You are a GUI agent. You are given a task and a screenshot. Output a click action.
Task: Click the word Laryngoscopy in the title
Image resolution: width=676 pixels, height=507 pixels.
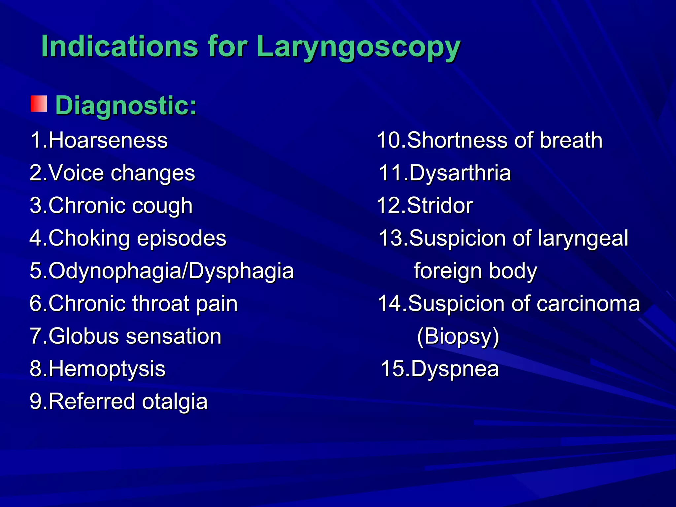(x=358, y=47)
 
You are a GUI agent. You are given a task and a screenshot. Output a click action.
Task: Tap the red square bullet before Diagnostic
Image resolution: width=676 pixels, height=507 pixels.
(x=39, y=104)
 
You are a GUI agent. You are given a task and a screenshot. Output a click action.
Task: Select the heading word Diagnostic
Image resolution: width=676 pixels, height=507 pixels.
(x=126, y=106)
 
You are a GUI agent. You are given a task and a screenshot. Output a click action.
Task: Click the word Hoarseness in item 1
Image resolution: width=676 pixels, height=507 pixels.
(x=108, y=140)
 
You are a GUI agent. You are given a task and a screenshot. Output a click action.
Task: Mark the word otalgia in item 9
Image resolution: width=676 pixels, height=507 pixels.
(x=175, y=402)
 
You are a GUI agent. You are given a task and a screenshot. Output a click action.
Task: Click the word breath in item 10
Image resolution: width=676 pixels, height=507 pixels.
(x=571, y=140)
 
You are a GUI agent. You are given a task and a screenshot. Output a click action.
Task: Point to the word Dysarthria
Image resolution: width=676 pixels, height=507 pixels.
(x=460, y=173)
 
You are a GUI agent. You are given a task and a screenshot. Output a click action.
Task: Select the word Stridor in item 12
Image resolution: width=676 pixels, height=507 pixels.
(x=440, y=206)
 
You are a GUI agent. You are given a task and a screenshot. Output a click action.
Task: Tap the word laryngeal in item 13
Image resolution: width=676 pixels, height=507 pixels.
(x=583, y=238)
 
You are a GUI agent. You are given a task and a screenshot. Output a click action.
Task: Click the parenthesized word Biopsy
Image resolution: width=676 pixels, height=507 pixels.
(x=458, y=336)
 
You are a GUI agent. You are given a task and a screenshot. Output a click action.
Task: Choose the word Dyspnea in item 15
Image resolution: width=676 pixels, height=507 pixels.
(x=455, y=369)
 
